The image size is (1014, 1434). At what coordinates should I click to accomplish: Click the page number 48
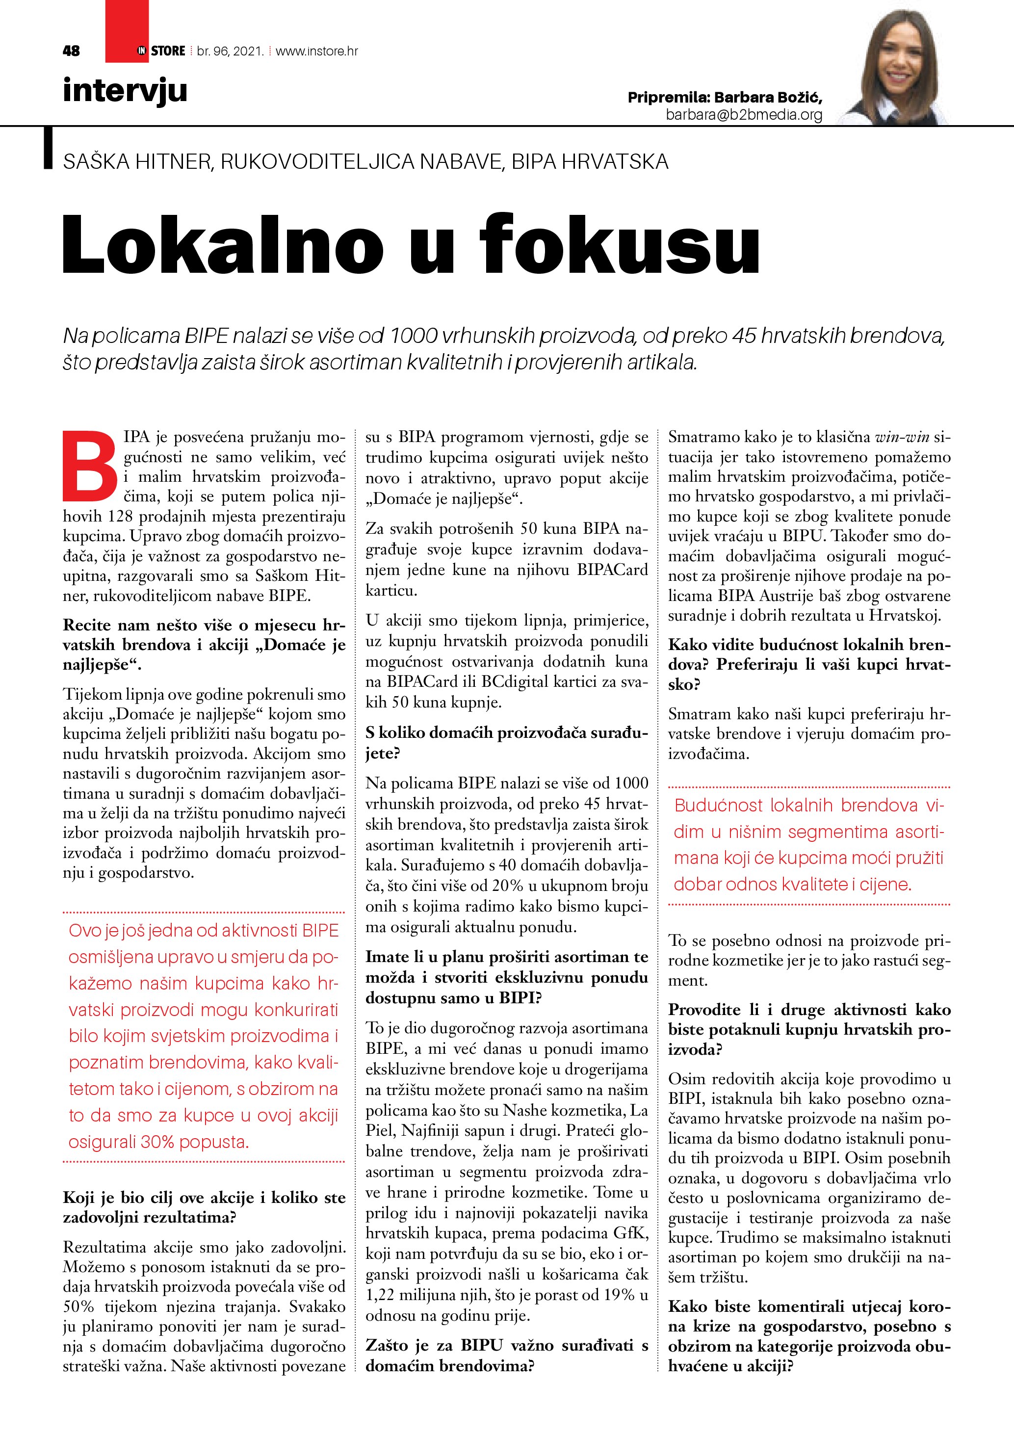pos(71,51)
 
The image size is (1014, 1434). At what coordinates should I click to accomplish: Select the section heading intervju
pos(125,91)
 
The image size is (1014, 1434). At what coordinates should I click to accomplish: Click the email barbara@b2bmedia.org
pos(744,115)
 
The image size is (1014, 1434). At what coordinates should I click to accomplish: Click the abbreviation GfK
pos(632,1233)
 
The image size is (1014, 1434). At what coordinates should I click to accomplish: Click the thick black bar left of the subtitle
pos(48,148)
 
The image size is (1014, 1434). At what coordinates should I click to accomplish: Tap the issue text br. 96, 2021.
pos(230,51)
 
